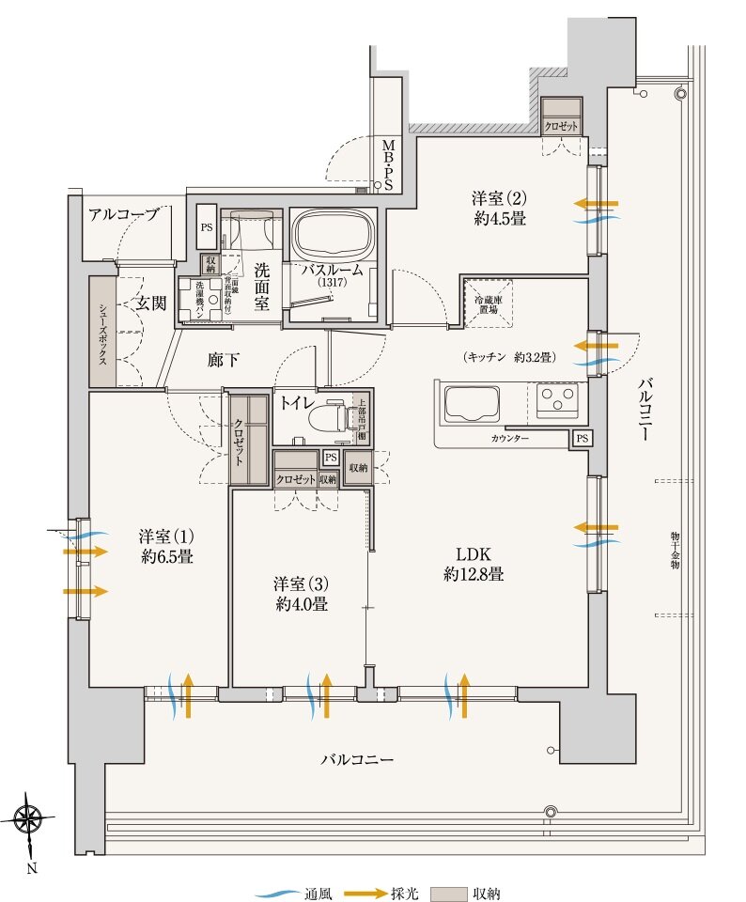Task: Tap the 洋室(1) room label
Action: tap(166, 546)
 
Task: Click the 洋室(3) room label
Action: tap(302, 593)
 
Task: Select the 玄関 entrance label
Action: tap(148, 303)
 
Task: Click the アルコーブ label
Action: tap(124, 214)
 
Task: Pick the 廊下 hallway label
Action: tap(223, 358)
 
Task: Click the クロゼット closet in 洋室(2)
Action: tap(562, 117)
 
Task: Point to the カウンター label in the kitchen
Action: tap(509, 439)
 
